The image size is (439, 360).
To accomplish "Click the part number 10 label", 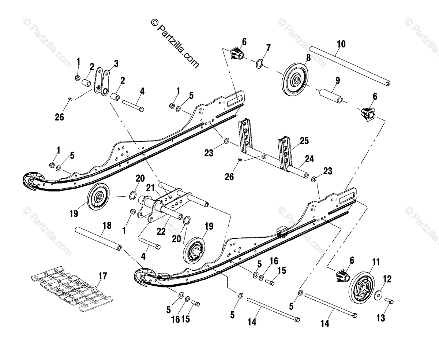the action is [x=341, y=44].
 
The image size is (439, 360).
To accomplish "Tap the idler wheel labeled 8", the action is [x=295, y=80].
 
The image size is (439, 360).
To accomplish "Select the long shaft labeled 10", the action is [x=350, y=66].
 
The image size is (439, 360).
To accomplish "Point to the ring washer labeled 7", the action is [x=259, y=64].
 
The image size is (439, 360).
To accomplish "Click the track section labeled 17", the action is [x=72, y=289].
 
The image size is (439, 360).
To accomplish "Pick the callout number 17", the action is [x=103, y=276].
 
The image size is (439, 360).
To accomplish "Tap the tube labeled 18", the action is [x=98, y=238].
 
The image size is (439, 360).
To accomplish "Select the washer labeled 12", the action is [x=378, y=296].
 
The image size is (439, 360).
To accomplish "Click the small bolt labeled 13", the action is [x=389, y=301].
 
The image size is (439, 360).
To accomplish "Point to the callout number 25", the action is [x=304, y=141].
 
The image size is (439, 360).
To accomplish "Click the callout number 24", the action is [x=309, y=159].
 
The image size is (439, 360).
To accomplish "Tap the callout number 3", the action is [x=116, y=64].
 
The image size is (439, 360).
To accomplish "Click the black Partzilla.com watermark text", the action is [x=175, y=43].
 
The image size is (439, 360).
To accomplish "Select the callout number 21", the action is [x=150, y=188].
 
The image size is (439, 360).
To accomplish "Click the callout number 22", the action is [x=161, y=231].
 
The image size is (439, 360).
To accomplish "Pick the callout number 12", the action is [x=387, y=279].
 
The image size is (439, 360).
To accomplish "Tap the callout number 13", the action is [x=381, y=318].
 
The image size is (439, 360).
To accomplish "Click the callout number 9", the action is [x=338, y=81].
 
